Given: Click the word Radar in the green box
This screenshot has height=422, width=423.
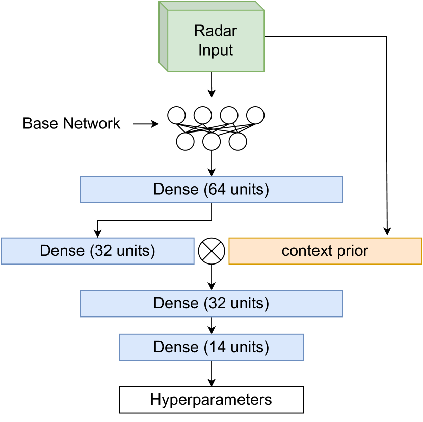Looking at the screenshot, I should tap(216, 31).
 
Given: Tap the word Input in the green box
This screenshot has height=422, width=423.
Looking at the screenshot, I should tap(216, 50).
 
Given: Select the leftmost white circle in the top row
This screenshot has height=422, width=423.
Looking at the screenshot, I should tap(176, 115).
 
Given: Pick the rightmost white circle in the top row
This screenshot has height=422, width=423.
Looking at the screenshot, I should tap(255, 115).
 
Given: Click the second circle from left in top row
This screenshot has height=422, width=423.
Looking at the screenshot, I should tap(202, 115).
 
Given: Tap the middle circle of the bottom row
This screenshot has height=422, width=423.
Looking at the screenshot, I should tap(211, 141).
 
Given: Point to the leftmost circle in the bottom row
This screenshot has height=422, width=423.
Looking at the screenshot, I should tap(185, 141).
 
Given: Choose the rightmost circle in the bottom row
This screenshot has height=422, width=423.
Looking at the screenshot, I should tap(237, 141).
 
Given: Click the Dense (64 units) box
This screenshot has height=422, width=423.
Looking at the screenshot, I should tap(211, 190).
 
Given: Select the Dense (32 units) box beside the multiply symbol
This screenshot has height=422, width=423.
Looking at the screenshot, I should tap(97, 251).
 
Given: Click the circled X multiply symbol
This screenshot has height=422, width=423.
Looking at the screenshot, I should tap(211, 251).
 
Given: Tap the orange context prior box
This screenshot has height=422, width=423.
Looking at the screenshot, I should tap(325, 251).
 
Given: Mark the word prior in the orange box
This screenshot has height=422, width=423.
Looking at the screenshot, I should tap(353, 251).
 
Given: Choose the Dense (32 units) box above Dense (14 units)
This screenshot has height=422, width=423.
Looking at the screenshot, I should tap(211, 304).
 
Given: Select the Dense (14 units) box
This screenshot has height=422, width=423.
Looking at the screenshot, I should tap(211, 348).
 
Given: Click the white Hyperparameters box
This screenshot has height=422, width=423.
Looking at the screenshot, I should tap(211, 400).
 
